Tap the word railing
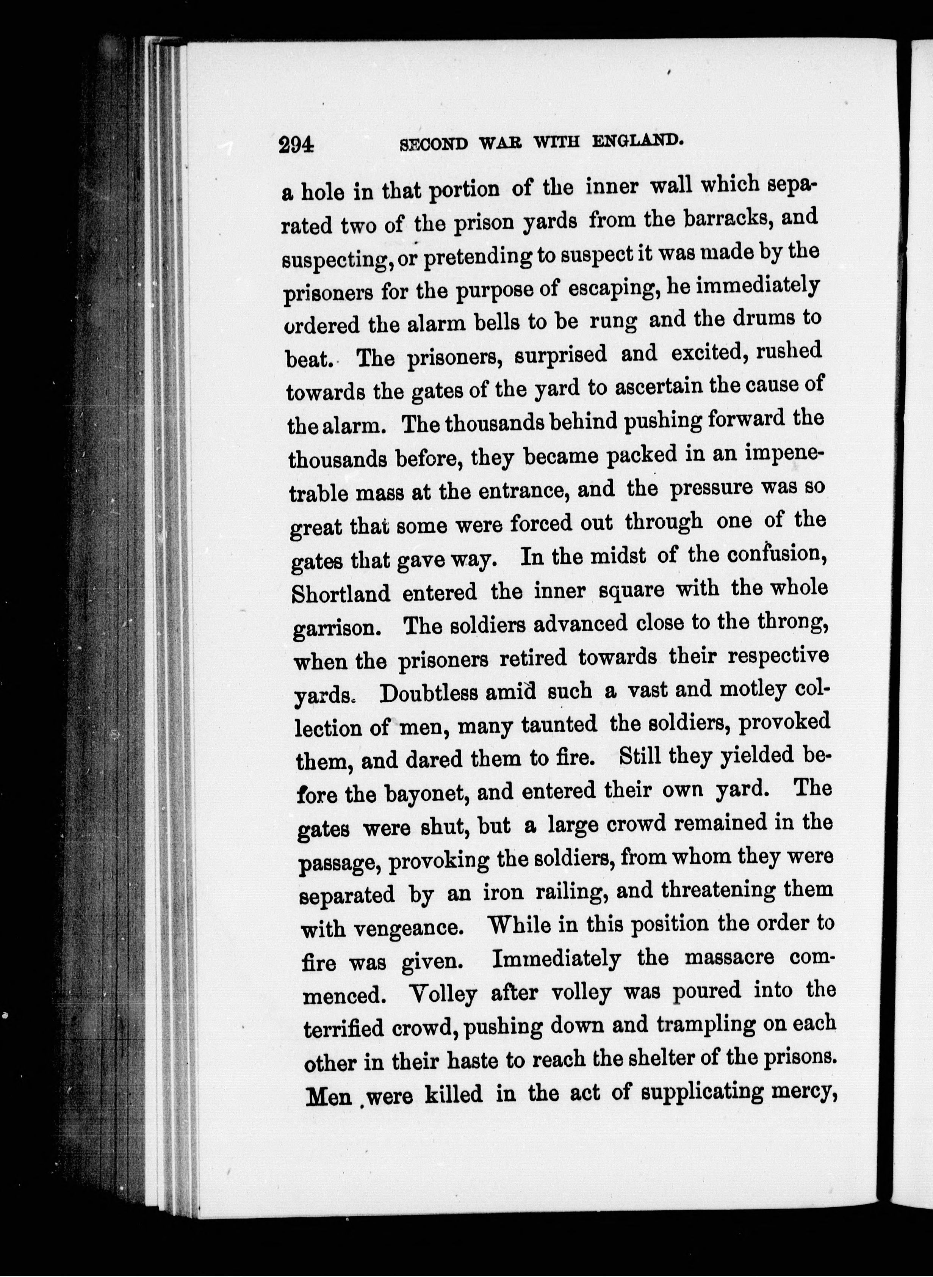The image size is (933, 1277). tap(569, 893)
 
